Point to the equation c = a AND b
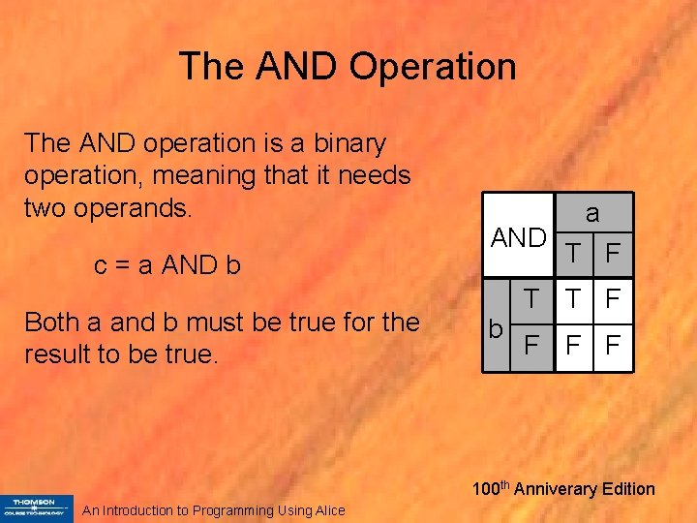pyautogui.click(x=167, y=264)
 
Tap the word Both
pyautogui.click(x=56, y=322)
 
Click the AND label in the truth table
pyautogui.click(x=519, y=238)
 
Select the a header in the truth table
pyautogui.click(x=592, y=212)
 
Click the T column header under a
pyautogui.click(x=575, y=253)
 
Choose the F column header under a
pyautogui.click(x=612, y=253)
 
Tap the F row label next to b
pyautogui.click(x=531, y=344)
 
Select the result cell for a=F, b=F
pyautogui.click(x=612, y=344)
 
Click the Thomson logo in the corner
pyautogui.click(x=37, y=508)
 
